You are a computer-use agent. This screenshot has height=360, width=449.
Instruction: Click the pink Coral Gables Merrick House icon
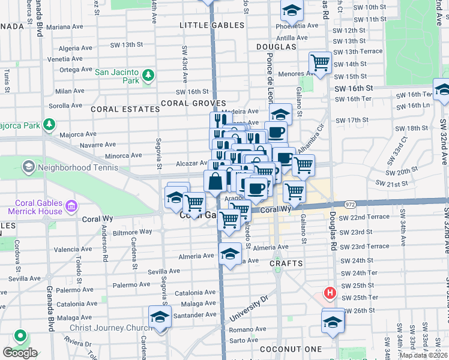click(71, 207)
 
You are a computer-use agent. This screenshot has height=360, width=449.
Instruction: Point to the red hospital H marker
click(329, 293)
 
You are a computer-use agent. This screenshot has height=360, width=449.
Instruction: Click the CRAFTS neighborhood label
click(285, 263)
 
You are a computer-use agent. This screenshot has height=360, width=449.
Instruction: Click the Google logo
click(19, 352)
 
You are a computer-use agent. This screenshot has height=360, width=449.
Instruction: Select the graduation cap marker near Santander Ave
click(160, 317)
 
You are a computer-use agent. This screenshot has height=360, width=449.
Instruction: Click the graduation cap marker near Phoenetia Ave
click(292, 11)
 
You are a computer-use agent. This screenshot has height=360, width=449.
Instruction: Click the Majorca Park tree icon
click(49, 126)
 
